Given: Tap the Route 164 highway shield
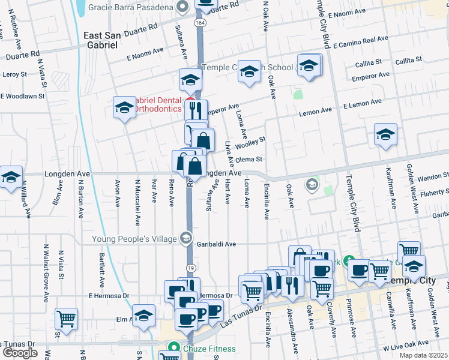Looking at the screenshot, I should pos(199,22).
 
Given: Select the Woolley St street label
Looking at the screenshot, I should pos(250,143).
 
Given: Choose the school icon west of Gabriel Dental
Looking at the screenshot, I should pos(124,107).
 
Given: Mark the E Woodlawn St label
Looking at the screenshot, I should pos(23,96).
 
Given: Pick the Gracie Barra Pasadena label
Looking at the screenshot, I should pos(131,7).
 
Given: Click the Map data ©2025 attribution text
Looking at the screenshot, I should pos(424,355).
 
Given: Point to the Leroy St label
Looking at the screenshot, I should pos(15,75).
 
